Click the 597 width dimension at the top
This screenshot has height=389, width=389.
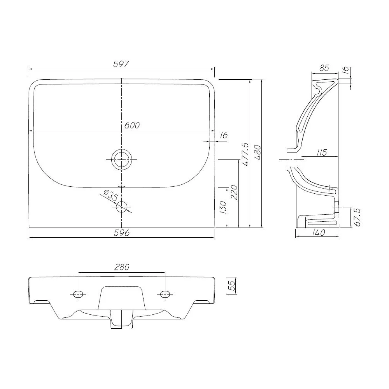click(x=121, y=64)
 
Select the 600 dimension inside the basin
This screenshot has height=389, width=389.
click(x=132, y=126)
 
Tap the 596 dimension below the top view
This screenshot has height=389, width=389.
click(x=121, y=233)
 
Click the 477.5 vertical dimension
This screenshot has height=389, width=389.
click(x=245, y=154)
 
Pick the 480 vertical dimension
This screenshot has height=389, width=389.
click(x=258, y=152)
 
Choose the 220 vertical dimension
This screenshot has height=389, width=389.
click(x=234, y=192)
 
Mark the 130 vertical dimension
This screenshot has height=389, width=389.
click(x=223, y=207)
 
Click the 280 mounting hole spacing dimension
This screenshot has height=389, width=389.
click(x=122, y=267)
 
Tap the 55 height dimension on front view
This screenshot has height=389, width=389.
click(x=231, y=286)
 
